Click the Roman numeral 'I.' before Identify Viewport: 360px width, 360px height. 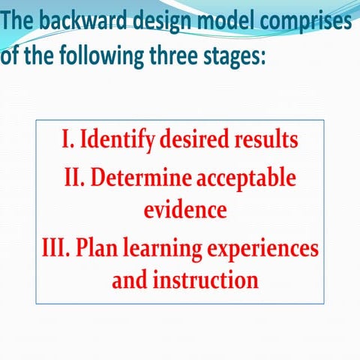(68, 140)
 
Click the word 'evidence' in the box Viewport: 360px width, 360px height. (185, 210)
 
